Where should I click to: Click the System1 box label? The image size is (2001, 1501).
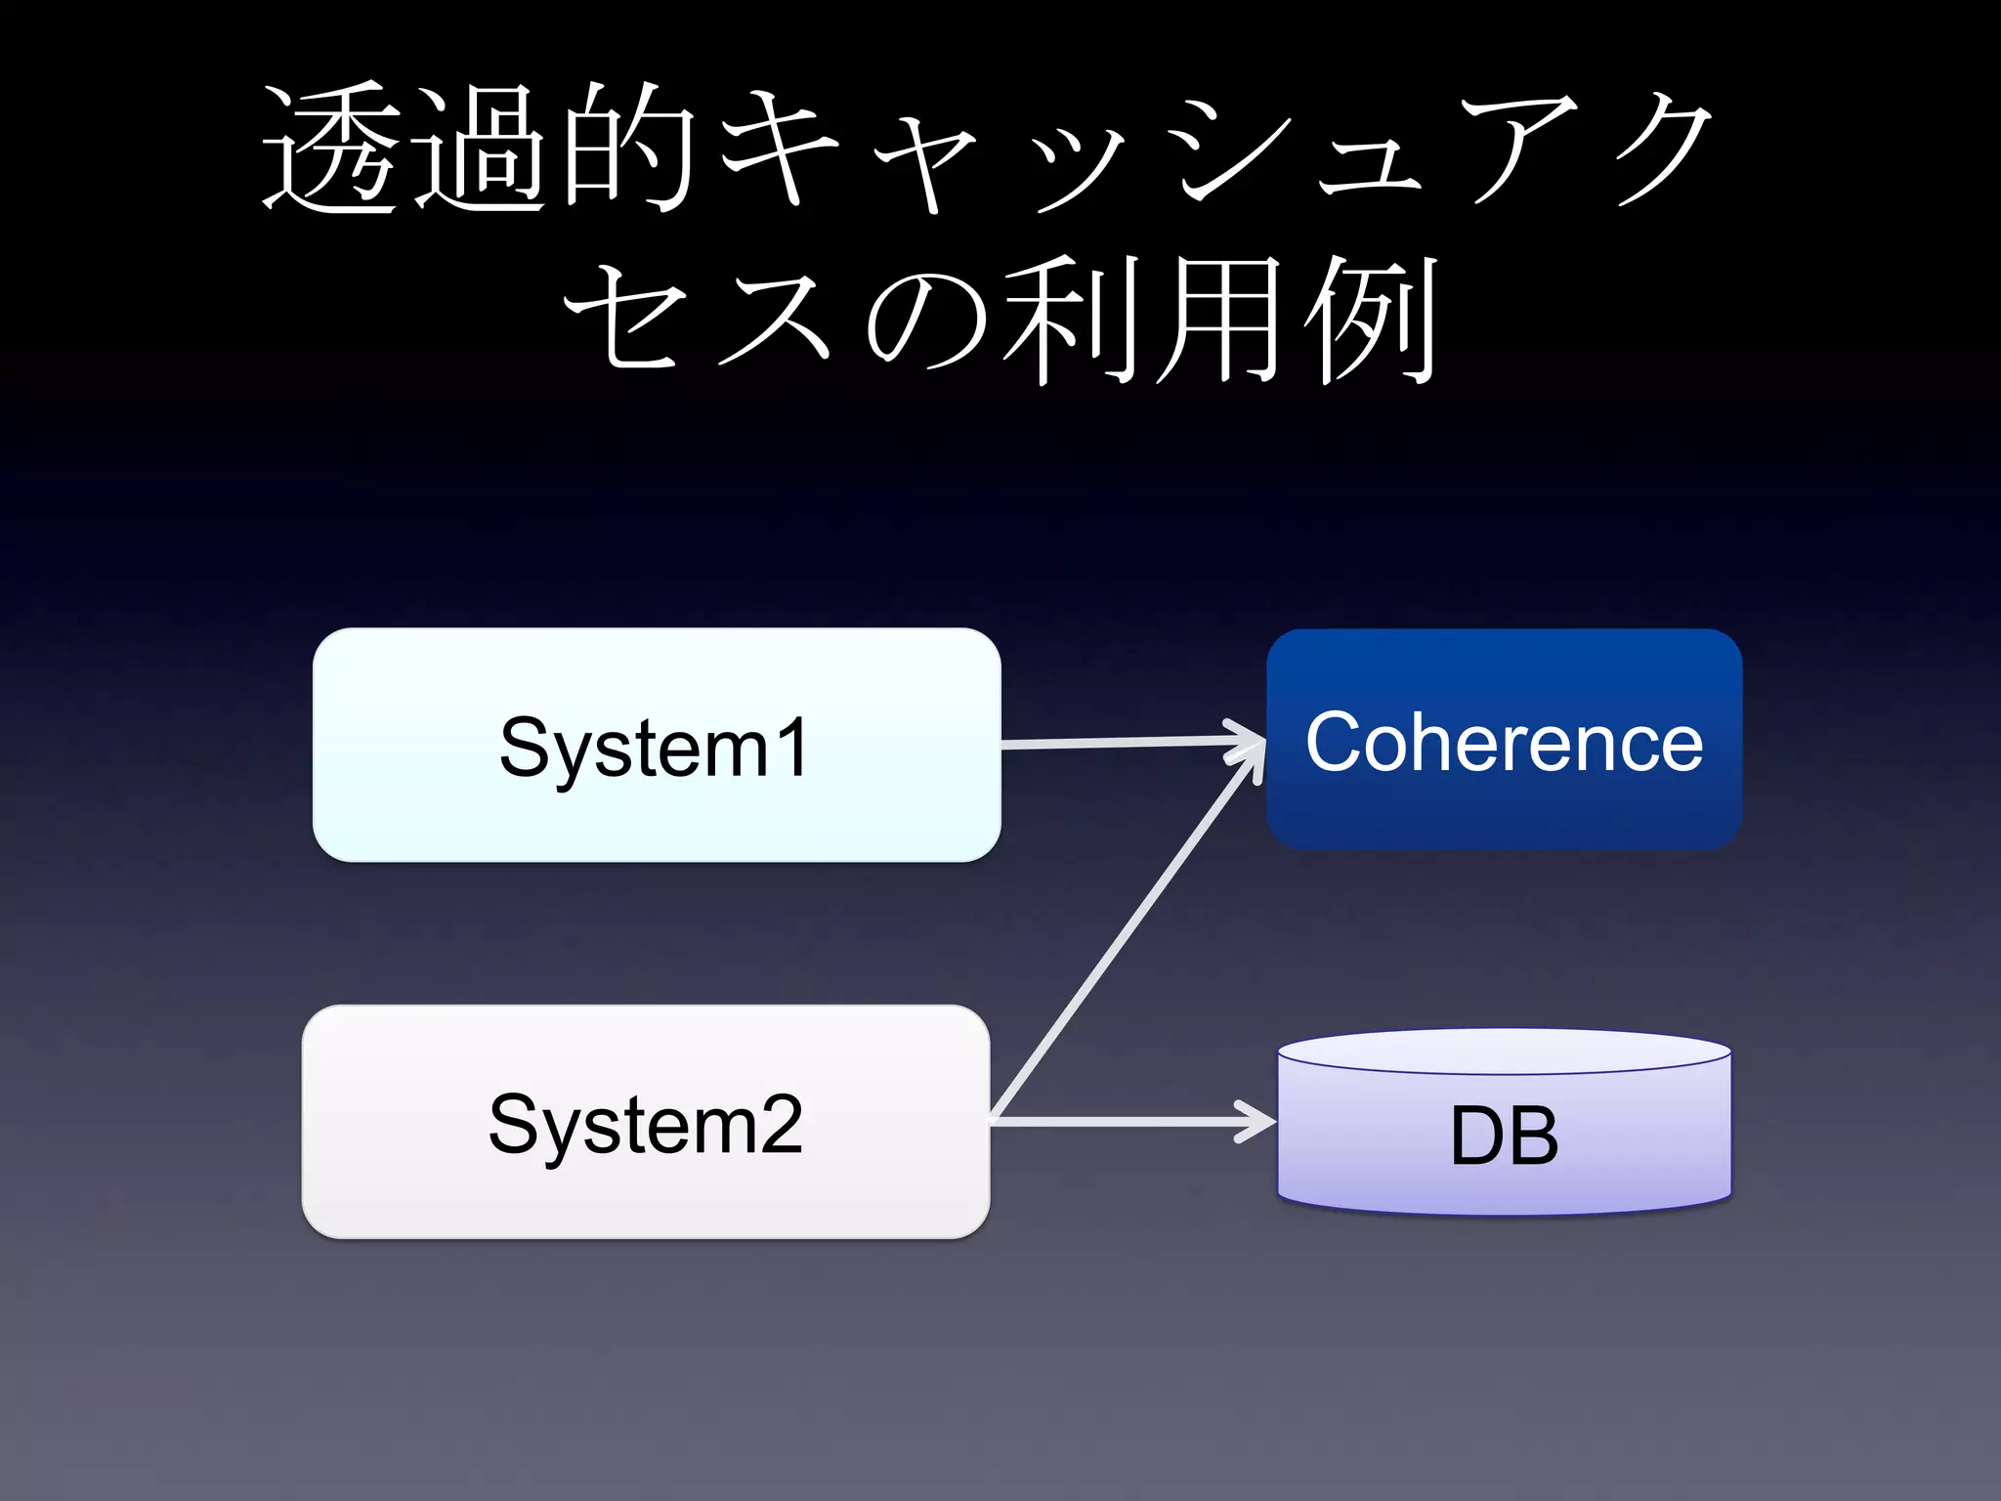click(654, 747)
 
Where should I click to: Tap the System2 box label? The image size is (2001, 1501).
click(645, 1124)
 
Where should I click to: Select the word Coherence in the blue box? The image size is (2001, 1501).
click(1504, 742)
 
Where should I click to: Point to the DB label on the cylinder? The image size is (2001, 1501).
click(1504, 1136)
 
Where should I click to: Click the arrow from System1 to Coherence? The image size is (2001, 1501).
click(1124, 744)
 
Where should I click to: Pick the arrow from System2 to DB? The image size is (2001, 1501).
click(1124, 1121)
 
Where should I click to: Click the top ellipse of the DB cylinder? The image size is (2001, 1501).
click(1504, 1051)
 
